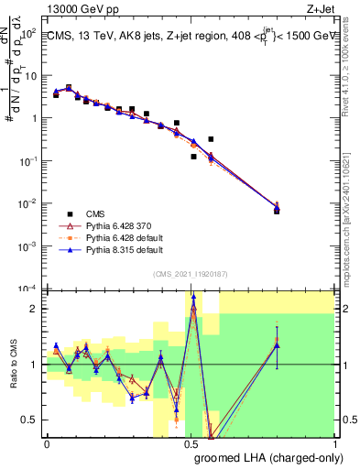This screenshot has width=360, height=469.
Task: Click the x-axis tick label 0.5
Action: tap(191, 443)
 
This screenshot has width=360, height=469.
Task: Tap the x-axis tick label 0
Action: tap(47, 443)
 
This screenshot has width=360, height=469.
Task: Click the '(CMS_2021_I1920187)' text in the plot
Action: tap(190, 273)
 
